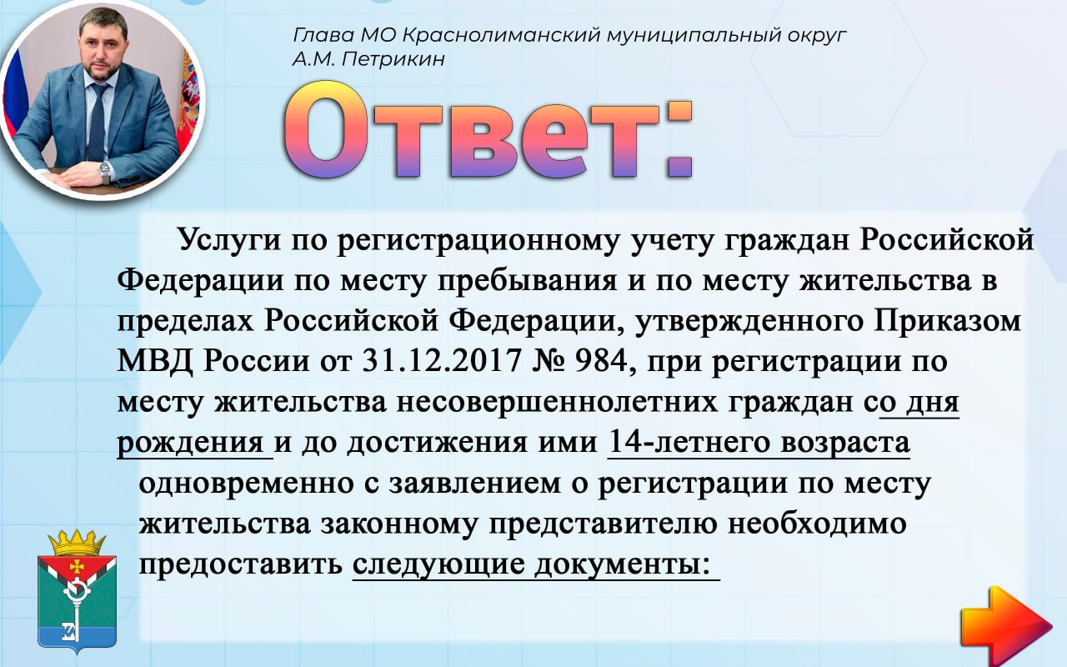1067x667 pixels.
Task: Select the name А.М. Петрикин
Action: (x=368, y=59)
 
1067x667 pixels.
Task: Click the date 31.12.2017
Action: (x=442, y=361)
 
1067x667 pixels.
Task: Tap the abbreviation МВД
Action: (x=155, y=361)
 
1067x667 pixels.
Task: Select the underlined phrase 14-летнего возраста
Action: (x=759, y=443)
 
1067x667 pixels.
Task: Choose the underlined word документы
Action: (x=619, y=564)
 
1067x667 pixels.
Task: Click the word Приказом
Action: (x=948, y=321)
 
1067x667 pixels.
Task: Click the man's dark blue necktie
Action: (x=98, y=122)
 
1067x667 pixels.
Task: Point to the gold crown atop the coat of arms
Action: (x=77, y=542)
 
